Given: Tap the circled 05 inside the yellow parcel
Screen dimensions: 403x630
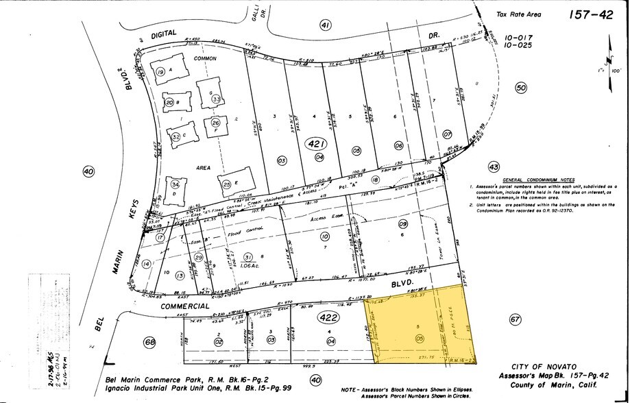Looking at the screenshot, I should (420, 337).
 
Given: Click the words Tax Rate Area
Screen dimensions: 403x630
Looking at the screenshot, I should (518, 14).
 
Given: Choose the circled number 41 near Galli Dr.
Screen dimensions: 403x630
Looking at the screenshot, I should (325, 25).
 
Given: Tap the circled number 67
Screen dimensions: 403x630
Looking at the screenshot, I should (516, 319).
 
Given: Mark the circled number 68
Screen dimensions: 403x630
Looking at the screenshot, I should (149, 342).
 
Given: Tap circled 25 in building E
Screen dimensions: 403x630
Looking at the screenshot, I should (226, 184).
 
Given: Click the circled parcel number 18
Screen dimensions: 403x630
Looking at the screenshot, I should (375, 180).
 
